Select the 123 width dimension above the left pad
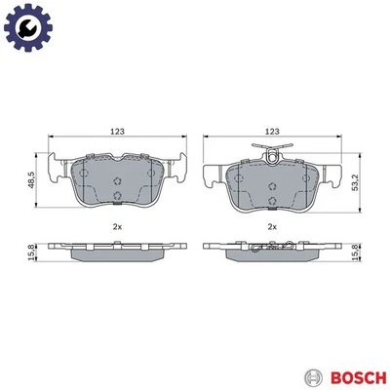pos(116,130)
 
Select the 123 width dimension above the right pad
pos(272,130)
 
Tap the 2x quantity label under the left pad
pos(116,227)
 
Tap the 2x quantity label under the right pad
pos(272,227)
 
